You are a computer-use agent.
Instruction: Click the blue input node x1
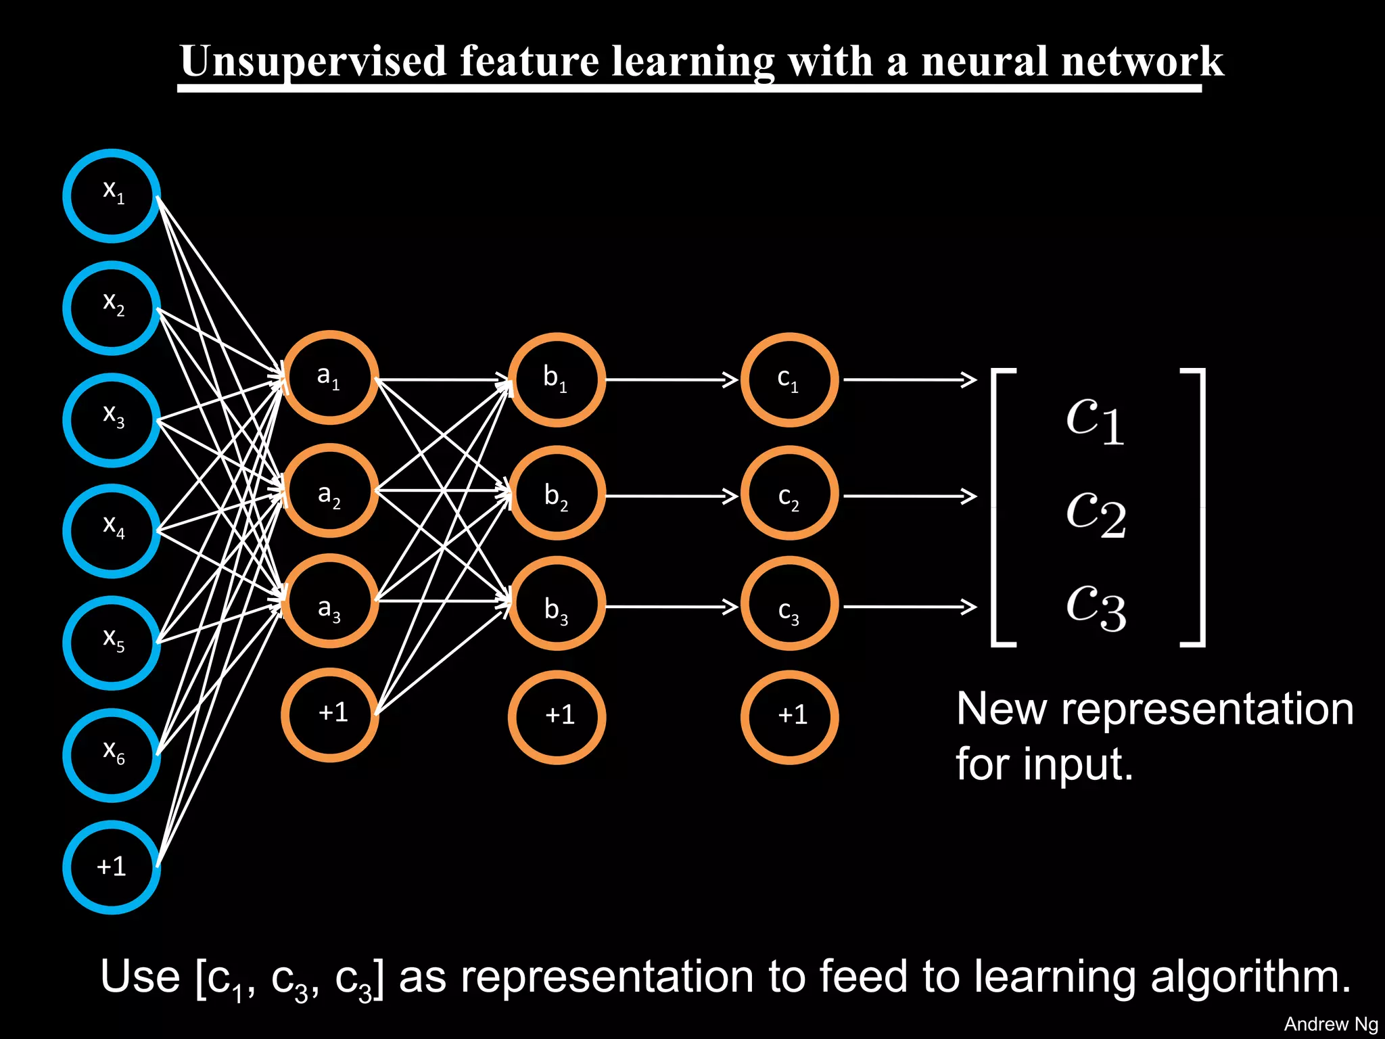tap(112, 195)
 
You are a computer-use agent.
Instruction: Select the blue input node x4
tap(112, 531)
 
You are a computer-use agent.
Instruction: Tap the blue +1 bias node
tap(112, 867)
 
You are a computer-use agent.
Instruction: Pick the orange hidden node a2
tap(329, 491)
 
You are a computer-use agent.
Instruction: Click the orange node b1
tap(557, 379)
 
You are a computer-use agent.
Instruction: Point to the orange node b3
tap(557, 603)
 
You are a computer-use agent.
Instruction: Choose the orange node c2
tap(789, 492)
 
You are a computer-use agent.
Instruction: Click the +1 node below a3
tap(329, 714)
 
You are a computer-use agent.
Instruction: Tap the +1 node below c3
tap(789, 717)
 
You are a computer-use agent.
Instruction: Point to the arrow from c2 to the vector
tap(910, 496)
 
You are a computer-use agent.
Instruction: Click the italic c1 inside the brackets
tap(1095, 419)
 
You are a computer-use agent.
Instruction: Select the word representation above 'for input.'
tap(1207, 710)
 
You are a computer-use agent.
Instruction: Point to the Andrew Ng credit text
tap(1330, 1024)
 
